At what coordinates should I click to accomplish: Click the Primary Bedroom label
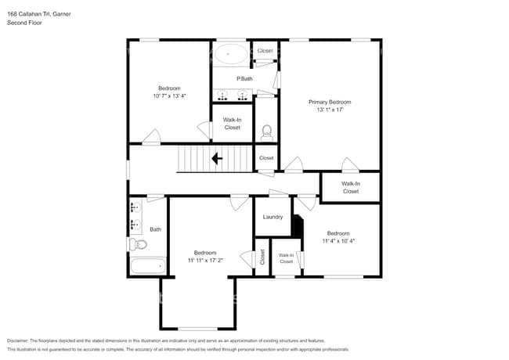330,102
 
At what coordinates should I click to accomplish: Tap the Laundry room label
273,217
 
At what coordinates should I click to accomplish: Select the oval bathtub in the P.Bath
230,54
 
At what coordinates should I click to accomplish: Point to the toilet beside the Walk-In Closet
266,131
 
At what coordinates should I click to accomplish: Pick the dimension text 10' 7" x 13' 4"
170,96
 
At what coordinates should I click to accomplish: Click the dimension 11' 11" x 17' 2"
205,261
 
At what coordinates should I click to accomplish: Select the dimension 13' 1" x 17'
330,110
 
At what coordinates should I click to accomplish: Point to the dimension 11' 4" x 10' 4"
338,242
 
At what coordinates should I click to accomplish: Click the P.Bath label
244,79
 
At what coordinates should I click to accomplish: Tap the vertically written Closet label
262,257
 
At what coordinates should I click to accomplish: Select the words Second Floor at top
24,23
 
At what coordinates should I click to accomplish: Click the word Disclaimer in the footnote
20,341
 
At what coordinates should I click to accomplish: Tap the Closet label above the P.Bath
265,51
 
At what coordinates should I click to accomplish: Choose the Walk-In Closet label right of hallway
350,187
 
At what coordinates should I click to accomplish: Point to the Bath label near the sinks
155,229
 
